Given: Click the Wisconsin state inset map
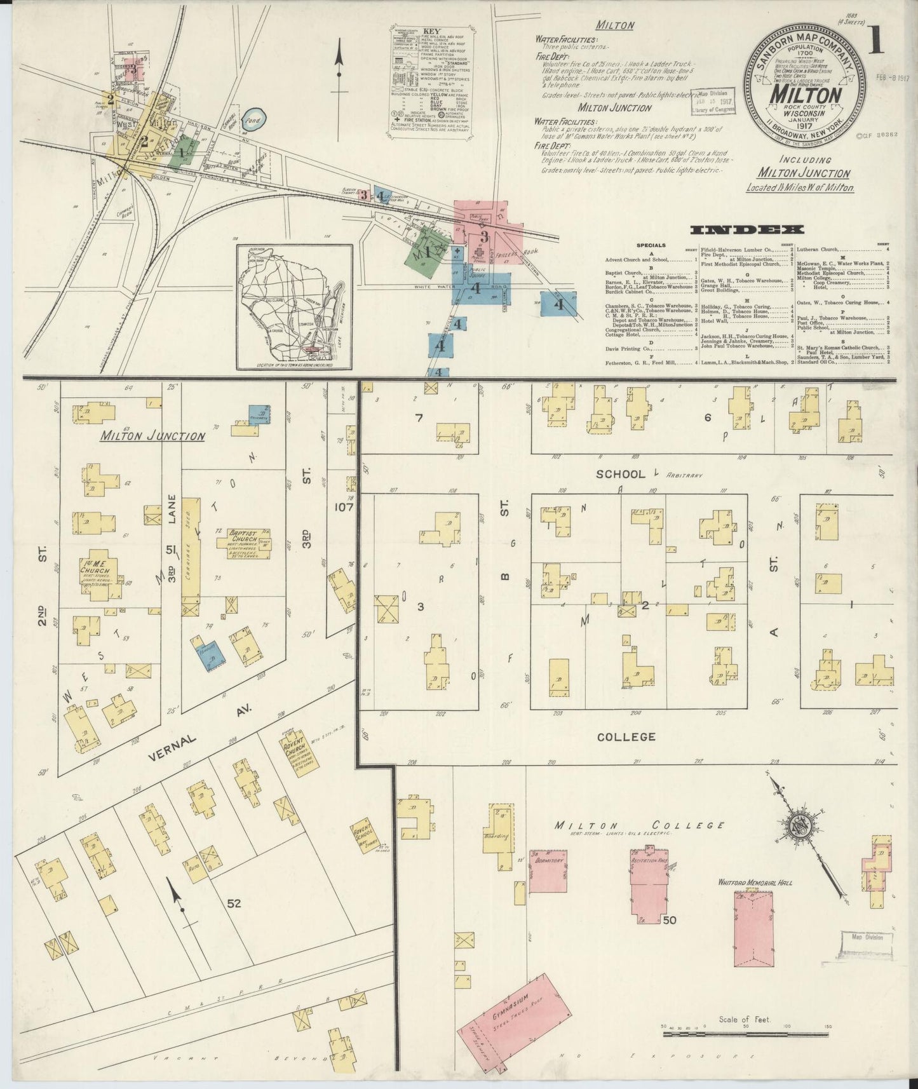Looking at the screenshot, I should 295,308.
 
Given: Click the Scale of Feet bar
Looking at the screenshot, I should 745,1034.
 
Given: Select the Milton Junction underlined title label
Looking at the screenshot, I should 152,436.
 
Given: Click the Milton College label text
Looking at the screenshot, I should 638,825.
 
